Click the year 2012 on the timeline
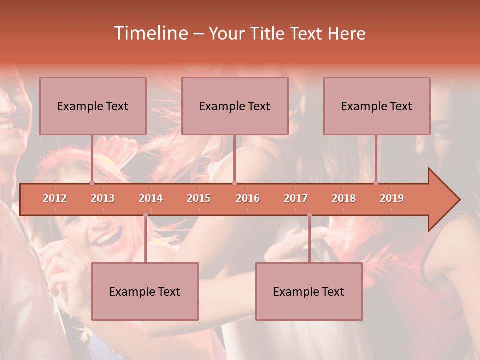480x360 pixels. point(55,198)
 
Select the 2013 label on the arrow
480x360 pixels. point(103,198)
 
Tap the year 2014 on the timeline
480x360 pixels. point(151,198)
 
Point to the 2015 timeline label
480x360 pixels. point(199,198)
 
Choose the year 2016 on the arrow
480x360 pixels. point(248,198)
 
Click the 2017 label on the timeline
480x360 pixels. point(296,198)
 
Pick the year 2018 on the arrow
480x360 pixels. point(344,198)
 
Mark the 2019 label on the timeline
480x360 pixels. point(392,198)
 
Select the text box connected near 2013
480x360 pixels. point(93,106)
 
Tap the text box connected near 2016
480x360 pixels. point(235,106)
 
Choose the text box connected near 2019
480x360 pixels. point(377,106)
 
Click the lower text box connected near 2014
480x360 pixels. point(145,291)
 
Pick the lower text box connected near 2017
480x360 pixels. point(309,291)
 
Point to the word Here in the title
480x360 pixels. point(346,34)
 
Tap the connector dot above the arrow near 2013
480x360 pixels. point(92,183)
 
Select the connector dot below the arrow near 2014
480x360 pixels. point(145,215)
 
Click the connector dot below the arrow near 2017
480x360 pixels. point(309,215)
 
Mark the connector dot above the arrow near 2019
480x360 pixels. point(376,183)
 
